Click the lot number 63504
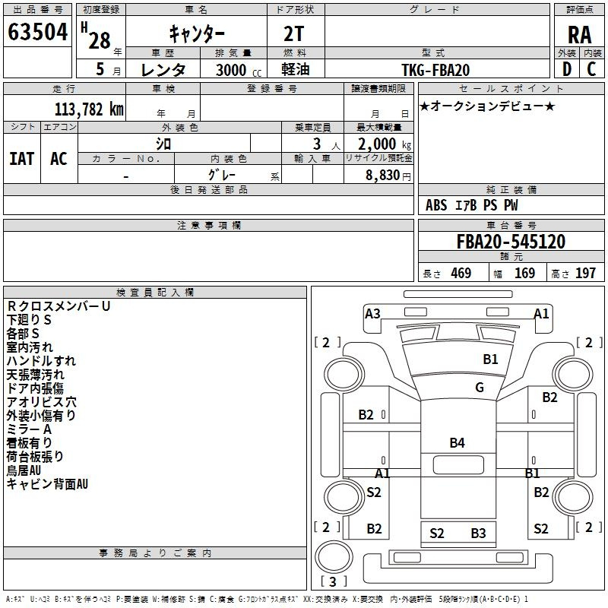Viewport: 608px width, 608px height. [37, 32]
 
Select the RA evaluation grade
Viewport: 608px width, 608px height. [579, 35]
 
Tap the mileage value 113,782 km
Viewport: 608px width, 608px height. [89, 109]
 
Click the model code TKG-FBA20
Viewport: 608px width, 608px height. [435, 70]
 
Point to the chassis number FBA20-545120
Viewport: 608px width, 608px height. [511, 242]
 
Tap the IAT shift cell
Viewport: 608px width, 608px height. [22, 159]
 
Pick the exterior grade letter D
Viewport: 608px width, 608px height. [567, 69]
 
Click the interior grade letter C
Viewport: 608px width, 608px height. [591, 69]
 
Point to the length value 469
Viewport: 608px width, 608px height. [461, 273]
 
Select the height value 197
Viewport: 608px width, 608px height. [585, 273]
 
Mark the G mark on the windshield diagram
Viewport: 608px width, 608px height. [480, 388]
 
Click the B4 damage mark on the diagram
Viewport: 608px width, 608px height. [458, 443]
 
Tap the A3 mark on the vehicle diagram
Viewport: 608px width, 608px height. [372, 313]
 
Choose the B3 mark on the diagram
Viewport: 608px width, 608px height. [479, 534]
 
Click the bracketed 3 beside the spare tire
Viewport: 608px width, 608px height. [333, 581]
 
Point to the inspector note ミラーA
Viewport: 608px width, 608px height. [29, 429]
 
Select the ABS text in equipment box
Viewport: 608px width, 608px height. [436, 205]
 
